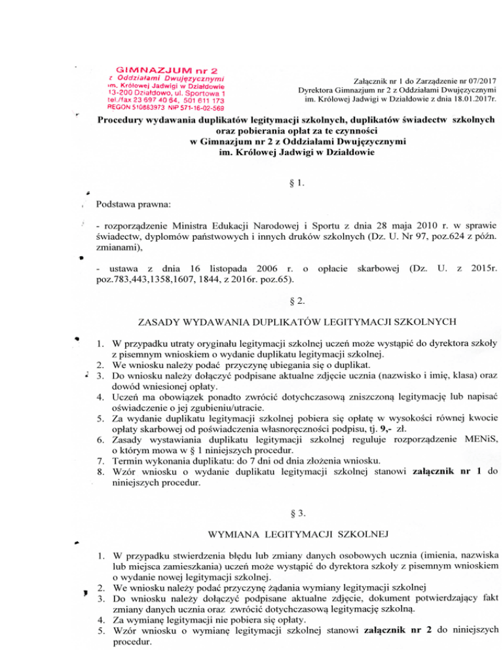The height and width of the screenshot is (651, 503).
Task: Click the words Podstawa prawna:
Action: [x=134, y=204]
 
